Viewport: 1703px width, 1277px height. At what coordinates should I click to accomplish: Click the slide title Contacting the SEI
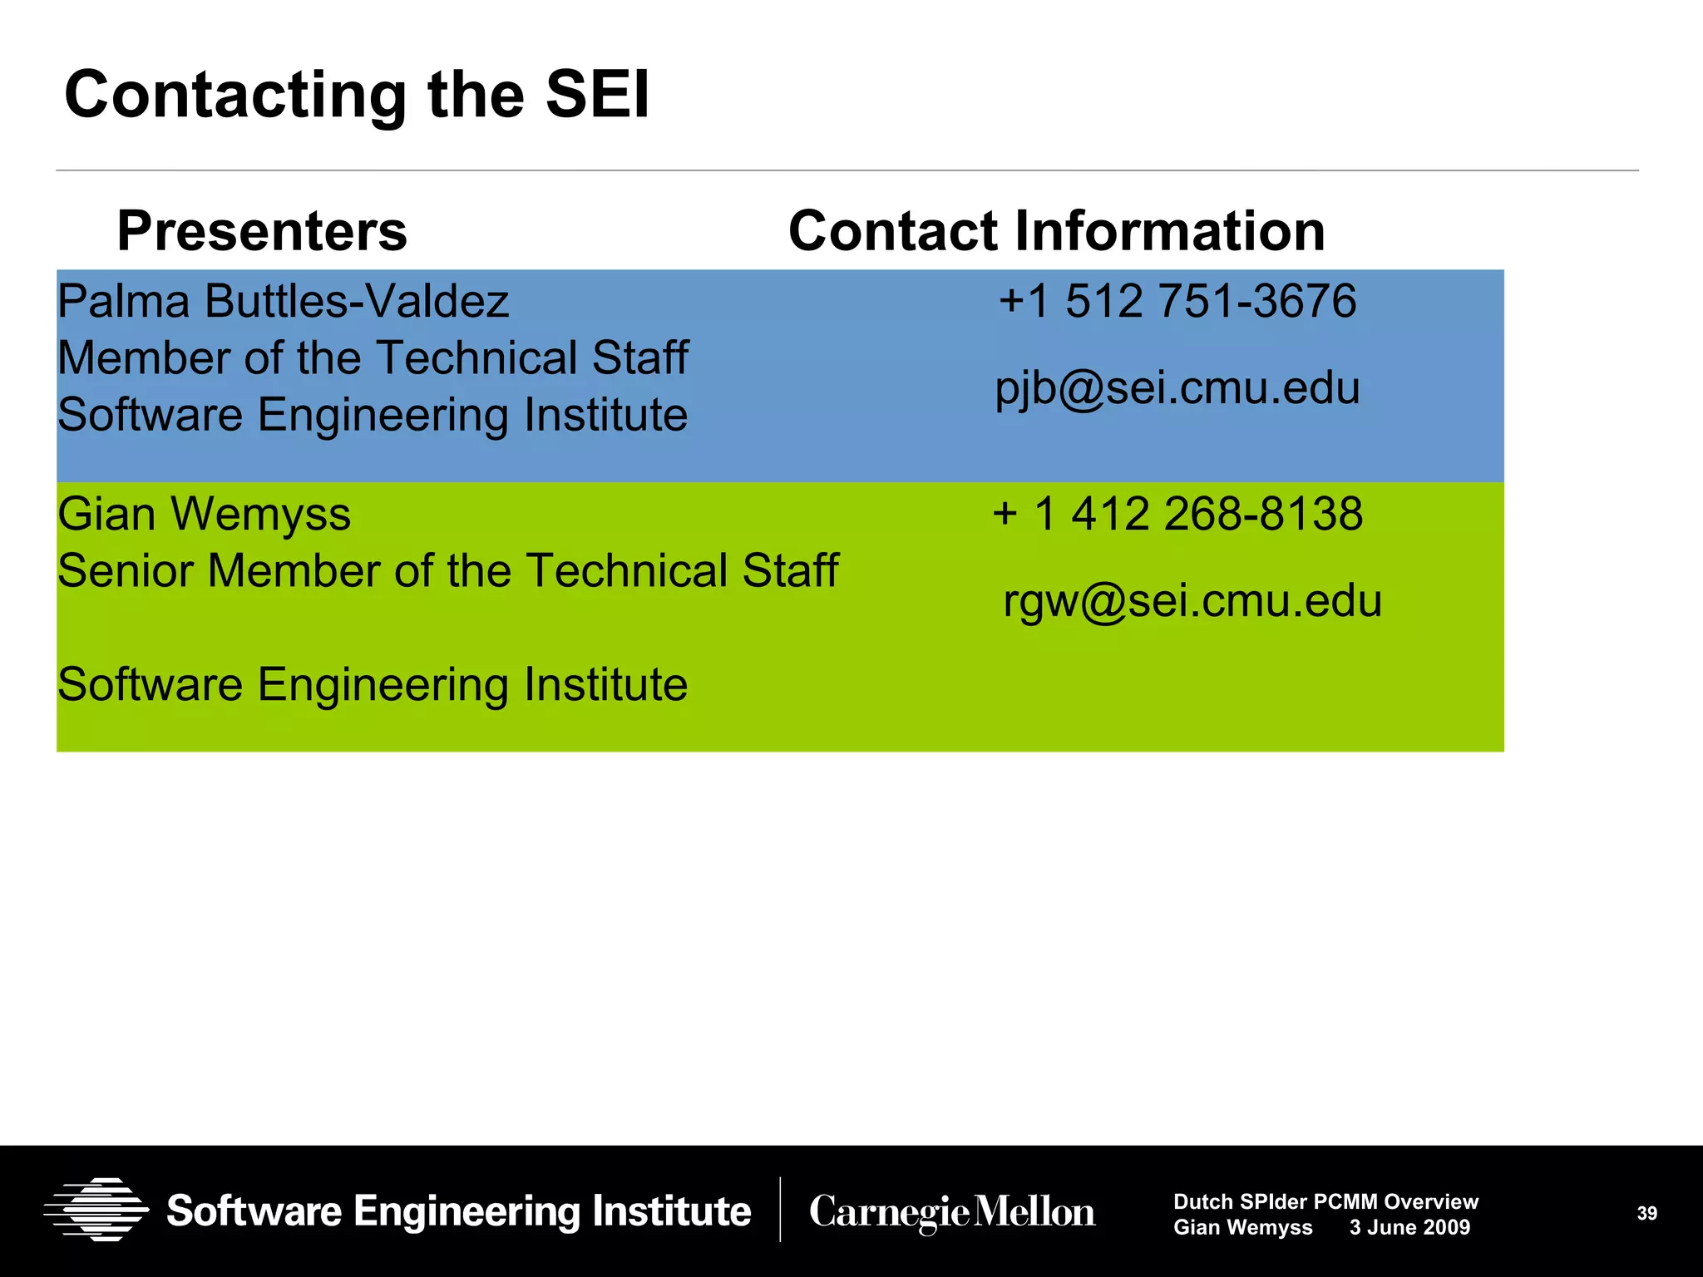coord(357,95)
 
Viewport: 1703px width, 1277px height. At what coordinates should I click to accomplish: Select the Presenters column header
coord(262,230)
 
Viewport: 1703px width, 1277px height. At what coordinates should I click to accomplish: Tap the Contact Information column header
coord(1056,230)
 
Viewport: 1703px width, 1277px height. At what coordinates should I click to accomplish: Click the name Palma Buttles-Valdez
coord(283,301)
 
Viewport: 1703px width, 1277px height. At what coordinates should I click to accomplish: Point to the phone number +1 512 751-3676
coord(1177,301)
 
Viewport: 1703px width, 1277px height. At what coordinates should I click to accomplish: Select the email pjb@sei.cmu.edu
coord(1177,388)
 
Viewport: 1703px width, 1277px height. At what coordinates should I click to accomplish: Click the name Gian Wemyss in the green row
coord(205,514)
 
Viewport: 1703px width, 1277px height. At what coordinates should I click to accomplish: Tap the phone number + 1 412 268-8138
coord(1177,514)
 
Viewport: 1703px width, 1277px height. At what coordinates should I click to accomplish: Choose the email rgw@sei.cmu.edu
coord(1192,600)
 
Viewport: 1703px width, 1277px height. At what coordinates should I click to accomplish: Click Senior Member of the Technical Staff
coord(447,571)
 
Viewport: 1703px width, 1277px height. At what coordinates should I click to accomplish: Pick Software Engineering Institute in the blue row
coord(373,415)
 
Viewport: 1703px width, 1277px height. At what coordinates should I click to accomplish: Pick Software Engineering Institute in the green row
coord(373,685)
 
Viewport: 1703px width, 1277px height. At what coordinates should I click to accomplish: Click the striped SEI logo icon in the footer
coord(96,1210)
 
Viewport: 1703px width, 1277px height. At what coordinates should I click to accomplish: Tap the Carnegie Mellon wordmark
coord(952,1211)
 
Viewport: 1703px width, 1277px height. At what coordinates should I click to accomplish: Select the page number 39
coord(1646,1214)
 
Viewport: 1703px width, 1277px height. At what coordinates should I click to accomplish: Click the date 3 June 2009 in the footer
coord(1409,1227)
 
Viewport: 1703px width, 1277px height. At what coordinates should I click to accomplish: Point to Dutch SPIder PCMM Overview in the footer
coord(1325,1201)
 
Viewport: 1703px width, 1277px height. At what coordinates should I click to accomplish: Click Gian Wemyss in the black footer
coord(1242,1227)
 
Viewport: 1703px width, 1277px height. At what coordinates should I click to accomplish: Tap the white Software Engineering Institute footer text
coord(459,1211)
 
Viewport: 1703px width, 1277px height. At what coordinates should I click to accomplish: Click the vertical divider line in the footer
coord(780,1210)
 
